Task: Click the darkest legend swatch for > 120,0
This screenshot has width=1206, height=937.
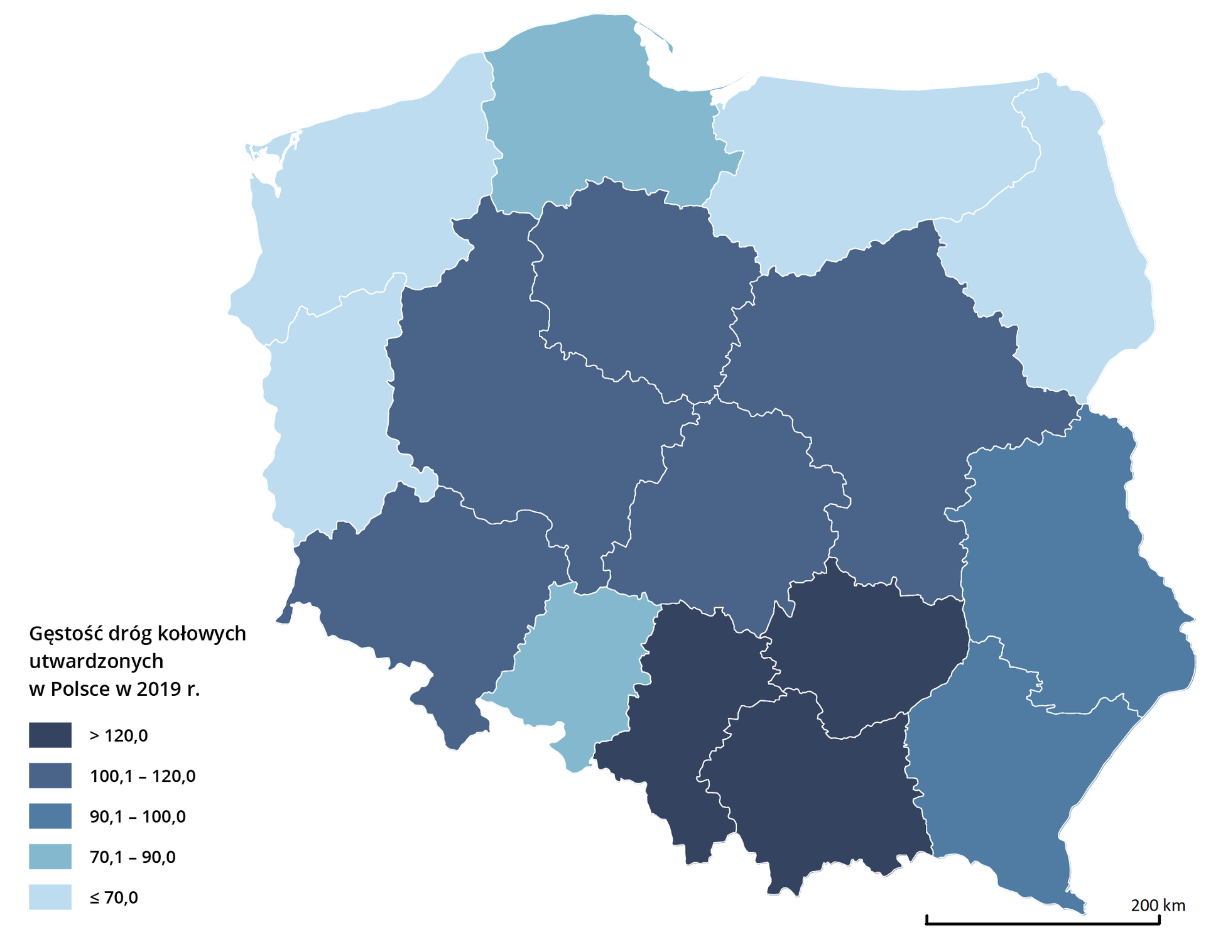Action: click(50, 735)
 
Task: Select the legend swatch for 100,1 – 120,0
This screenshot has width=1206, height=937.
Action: click(50, 776)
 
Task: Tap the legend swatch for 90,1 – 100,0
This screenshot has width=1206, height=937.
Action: click(50, 816)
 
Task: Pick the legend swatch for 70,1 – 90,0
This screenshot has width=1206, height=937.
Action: click(50, 857)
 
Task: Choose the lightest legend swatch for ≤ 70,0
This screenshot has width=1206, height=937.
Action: click(50, 897)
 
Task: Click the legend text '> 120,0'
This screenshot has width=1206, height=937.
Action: click(119, 735)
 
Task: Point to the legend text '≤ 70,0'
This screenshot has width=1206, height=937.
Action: click(114, 897)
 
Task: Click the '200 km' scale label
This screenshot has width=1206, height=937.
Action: click(1158, 905)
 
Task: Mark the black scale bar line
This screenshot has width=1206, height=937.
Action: click(1043, 923)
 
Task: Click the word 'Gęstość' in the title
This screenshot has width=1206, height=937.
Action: click(66, 634)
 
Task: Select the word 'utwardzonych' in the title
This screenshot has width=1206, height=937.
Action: click(96, 661)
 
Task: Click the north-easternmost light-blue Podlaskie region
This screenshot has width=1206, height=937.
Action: click(1068, 251)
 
